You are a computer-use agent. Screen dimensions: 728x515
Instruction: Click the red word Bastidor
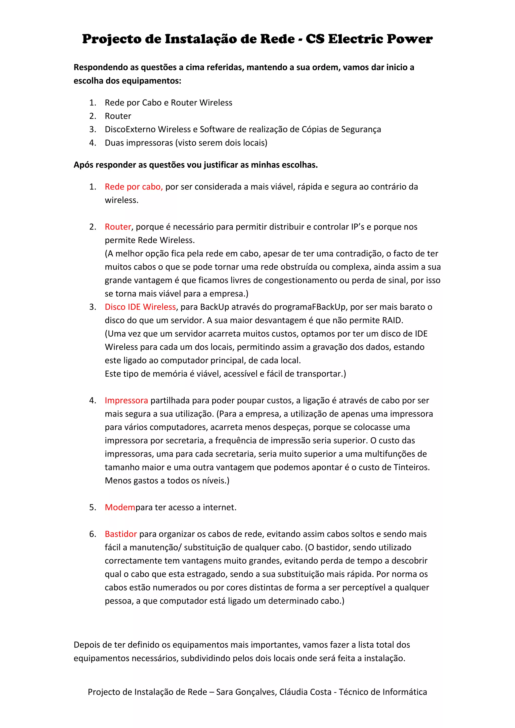pyautogui.click(x=121, y=534)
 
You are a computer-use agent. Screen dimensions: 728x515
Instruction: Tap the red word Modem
pyautogui.click(x=120, y=507)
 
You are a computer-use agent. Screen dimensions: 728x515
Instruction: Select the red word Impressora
pyautogui.click(x=126, y=400)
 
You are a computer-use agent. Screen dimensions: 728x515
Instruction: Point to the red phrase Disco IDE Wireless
pyautogui.click(x=140, y=307)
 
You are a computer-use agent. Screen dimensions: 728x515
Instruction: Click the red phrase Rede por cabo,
pyautogui.click(x=134, y=187)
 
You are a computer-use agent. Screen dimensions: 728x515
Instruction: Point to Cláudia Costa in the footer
pyautogui.click(x=305, y=692)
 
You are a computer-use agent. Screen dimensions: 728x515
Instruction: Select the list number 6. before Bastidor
pyautogui.click(x=93, y=534)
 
